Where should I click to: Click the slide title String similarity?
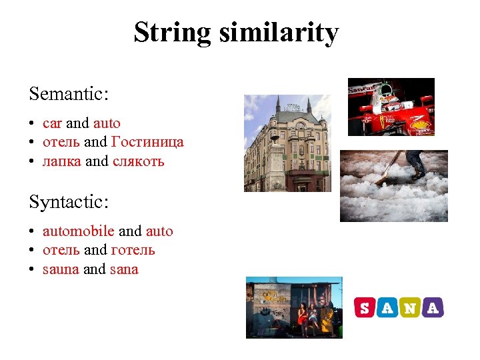pos(236,32)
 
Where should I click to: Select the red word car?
pos(52,123)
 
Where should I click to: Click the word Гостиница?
pos(147,142)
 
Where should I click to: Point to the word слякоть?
pos(139,161)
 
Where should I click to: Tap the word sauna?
pos(61,269)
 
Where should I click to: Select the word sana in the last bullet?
pos(124,269)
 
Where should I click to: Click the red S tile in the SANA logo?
pos(364,307)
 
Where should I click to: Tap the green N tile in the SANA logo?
pos(411,307)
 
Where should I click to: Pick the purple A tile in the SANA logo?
pos(433,307)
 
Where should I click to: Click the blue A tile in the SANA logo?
pos(387,307)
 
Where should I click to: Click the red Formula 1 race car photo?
pos(391,107)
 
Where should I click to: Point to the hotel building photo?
pos(287,143)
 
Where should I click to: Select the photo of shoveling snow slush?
pos(393,185)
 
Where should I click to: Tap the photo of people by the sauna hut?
pos(293,307)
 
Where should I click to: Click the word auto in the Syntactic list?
pos(159,231)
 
